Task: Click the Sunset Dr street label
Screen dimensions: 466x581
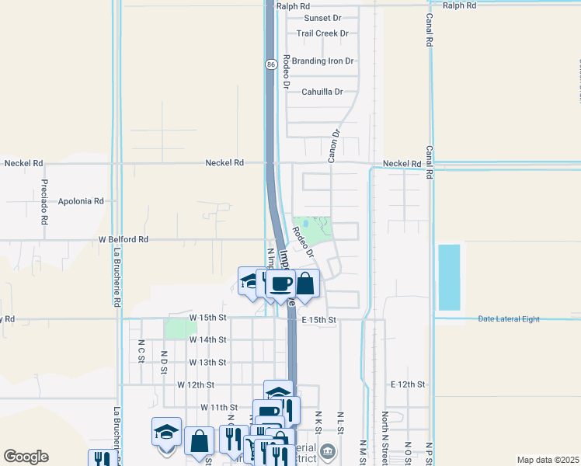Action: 322,18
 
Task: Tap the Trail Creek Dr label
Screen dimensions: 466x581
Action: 322,33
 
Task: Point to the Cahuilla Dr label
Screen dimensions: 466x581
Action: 322,92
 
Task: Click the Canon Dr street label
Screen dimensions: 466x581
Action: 334,145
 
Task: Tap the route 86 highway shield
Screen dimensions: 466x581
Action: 270,64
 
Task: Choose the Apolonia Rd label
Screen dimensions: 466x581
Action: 81,201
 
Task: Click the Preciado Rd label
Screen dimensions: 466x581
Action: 44,199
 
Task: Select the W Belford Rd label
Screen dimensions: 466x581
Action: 123,240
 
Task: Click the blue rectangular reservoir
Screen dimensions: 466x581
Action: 449,277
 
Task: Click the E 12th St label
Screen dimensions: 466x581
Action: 409,384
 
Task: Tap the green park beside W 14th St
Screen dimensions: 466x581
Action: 181,329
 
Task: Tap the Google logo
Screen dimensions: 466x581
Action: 26,457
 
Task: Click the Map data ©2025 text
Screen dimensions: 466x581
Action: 547,460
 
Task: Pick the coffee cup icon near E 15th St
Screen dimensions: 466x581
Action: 281,284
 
